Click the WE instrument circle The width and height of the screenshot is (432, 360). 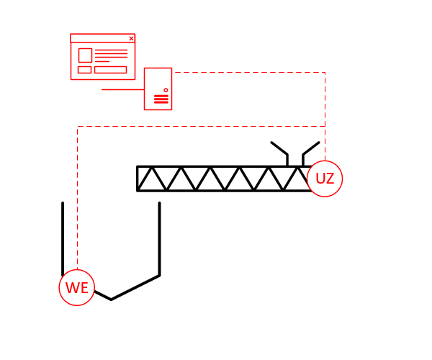click(x=77, y=287)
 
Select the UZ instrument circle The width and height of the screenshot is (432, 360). click(x=325, y=179)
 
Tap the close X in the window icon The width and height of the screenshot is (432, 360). click(x=132, y=39)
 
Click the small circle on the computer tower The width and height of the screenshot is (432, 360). click(x=166, y=90)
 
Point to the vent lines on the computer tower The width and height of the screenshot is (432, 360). click(x=161, y=99)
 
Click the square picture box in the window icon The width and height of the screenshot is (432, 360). click(x=85, y=55)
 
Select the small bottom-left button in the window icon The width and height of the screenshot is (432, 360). click(x=84, y=70)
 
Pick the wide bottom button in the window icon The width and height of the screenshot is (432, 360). click(x=110, y=70)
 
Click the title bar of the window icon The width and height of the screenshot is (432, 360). click(x=102, y=38)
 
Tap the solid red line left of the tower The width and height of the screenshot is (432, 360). click(x=123, y=89)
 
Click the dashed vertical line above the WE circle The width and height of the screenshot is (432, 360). click(x=78, y=198)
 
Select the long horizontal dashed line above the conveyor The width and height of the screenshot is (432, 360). click(x=201, y=127)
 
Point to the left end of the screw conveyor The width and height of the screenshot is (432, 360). click(x=138, y=179)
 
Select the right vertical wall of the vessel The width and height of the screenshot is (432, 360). click(x=160, y=239)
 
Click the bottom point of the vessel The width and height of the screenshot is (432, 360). click(x=111, y=300)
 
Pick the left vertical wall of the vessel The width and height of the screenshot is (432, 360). click(x=63, y=239)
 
